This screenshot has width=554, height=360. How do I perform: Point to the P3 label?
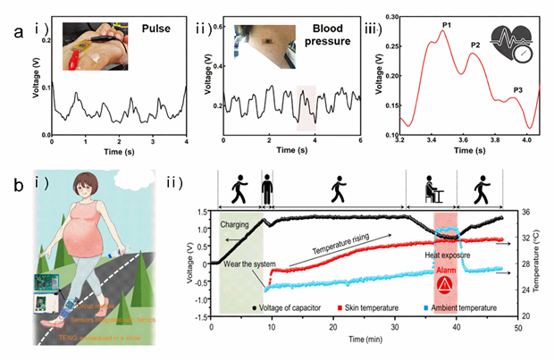(518, 89)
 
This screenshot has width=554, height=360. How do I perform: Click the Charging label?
(236, 226)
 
